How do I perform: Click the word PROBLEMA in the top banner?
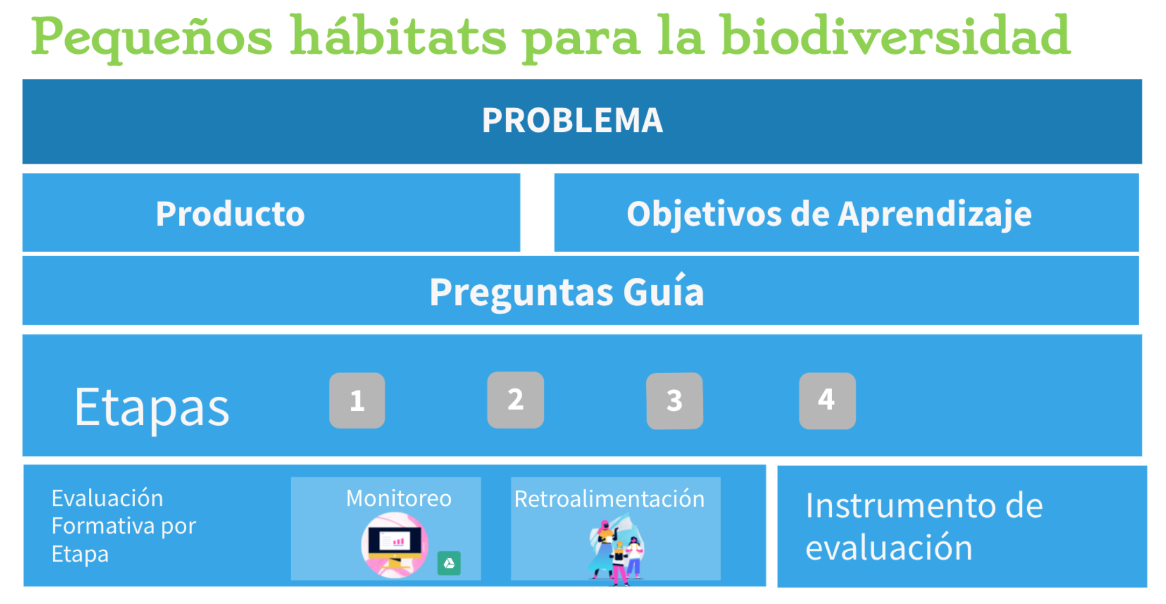click(x=572, y=120)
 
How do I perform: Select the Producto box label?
click(x=230, y=214)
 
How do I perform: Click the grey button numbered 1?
click(x=357, y=401)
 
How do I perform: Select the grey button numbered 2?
click(x=515, y=400)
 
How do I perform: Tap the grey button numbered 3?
click(x=675, y=401)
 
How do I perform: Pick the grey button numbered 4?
click(x=827, y=401)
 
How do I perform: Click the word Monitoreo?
click(x=399, y=498)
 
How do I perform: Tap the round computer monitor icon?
click(x=395, y=545)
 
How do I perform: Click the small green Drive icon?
click(x=449, y=563)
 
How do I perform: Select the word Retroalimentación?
click(x=609, y=499)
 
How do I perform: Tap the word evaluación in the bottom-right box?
click(x=889, y=547)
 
